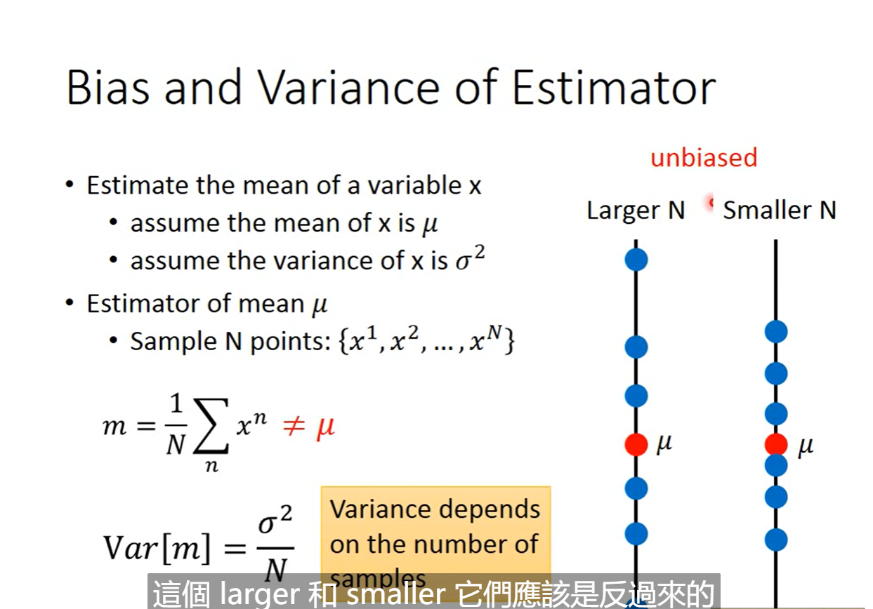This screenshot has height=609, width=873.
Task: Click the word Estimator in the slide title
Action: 612,88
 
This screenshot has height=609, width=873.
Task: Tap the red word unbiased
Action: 703,157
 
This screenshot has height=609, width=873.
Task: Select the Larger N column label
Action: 636,210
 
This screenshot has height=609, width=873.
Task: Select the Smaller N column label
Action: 780,210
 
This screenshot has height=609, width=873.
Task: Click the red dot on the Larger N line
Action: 636,444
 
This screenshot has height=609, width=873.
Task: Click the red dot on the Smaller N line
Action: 776,444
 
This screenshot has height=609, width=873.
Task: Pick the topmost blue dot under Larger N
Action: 636,260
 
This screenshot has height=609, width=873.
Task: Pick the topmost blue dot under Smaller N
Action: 776,331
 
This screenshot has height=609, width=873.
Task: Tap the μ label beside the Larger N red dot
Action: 664,444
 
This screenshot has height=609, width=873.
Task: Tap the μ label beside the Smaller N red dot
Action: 805,446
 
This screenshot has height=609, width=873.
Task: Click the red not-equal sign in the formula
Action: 293,426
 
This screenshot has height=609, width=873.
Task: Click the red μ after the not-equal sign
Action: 324,426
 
